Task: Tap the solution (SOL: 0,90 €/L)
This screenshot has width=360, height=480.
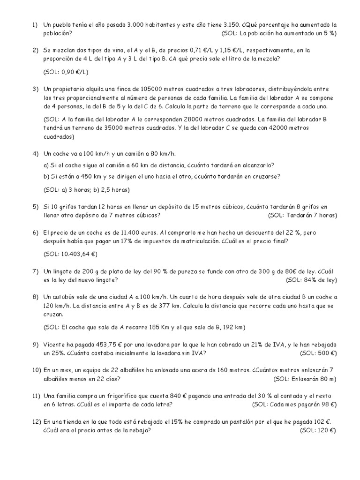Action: pyautogui.click(x=66, y=72)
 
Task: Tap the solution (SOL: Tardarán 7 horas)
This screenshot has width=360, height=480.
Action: pyautogui.click(x=302, y=216)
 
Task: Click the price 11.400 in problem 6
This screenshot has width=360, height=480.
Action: pyautogui.click(x=134, y=232)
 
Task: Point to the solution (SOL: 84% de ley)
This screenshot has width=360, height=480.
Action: pyautogui.click(x=311, y=280)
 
